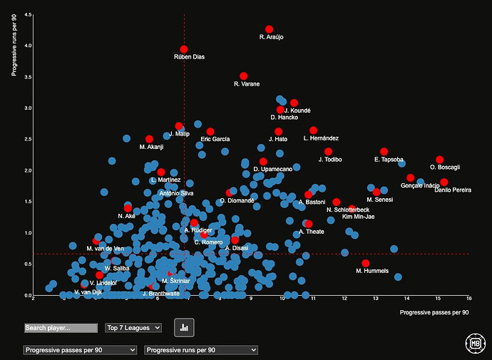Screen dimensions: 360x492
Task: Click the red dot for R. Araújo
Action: [269, 29]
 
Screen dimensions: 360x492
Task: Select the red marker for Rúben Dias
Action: [184, 49]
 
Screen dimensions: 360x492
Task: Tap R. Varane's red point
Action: [243, 76]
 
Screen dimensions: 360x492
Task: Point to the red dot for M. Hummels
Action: [366, 263]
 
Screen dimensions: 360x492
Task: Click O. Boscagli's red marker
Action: [439, 160]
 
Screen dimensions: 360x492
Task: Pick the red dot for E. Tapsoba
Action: [384, 152]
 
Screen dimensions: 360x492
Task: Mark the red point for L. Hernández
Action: [313, 130]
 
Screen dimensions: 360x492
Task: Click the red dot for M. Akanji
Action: [149, 139]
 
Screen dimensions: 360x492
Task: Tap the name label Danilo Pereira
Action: [452, 190]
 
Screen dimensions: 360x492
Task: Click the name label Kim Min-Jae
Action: [358, 216]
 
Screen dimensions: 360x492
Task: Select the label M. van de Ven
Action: [105, 248]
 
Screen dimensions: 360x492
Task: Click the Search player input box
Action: [61, 328]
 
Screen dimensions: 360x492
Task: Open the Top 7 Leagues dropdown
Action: [133, 328]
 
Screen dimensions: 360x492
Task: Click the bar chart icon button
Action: [185, 327]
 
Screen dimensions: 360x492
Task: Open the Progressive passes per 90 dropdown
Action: [79, 350]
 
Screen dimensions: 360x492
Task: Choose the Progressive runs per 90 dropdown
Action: [201, 350]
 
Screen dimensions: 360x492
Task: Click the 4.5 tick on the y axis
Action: [26, 14]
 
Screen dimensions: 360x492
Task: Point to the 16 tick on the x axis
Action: [468, 299]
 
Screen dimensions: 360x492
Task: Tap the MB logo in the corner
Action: [471, 341]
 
